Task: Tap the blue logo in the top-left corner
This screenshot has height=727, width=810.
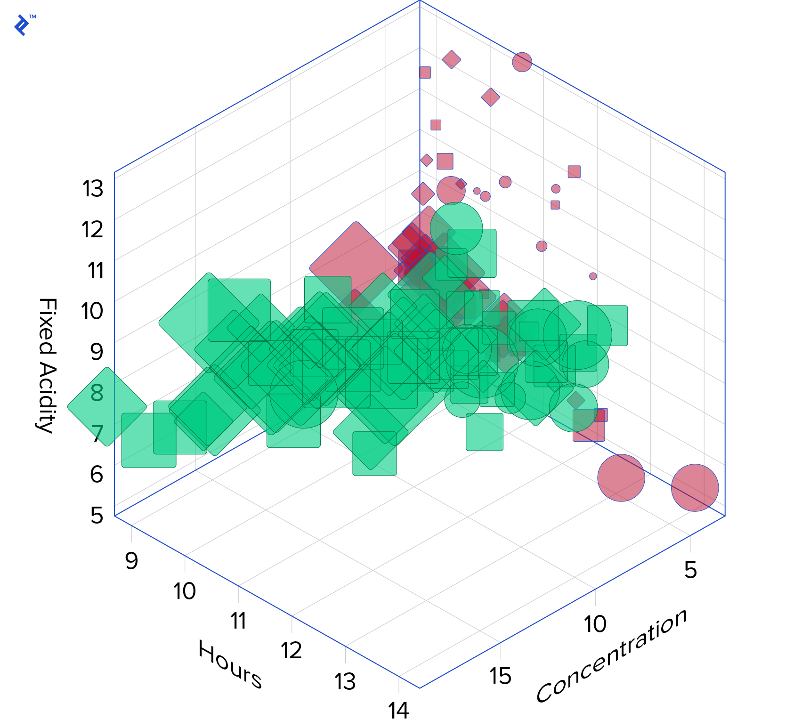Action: (x=22, y=24)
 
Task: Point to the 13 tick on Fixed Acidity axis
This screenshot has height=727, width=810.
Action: (x=93, y=189)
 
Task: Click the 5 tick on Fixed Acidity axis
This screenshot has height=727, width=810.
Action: (x=97, y=515)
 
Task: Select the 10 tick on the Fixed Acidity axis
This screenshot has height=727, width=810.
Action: (x=92, y=311)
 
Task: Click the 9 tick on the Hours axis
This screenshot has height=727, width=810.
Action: (x=131, y=561)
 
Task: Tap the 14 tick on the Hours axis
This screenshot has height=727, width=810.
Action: (x=398, y=711)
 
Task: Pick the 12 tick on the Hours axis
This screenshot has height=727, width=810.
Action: (x=291, y=651)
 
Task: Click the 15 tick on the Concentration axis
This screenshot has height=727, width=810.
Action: (x=500, y=676)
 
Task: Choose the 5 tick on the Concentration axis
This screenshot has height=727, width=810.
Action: (x=690, y=570)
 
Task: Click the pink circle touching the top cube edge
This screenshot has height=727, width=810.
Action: (x=522, y=62)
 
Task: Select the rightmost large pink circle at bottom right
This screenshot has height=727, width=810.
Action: (x=695, y=487)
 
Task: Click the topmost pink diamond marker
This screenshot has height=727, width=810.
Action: (x=451, y=59)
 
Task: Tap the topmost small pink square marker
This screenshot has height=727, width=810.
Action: (x=425, y=73)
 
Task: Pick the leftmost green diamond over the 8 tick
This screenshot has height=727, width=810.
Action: (x=107, y=406)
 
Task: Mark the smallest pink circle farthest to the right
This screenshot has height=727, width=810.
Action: (x=593, y=276)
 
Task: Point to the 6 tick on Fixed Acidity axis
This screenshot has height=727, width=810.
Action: (x=97, y=474)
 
